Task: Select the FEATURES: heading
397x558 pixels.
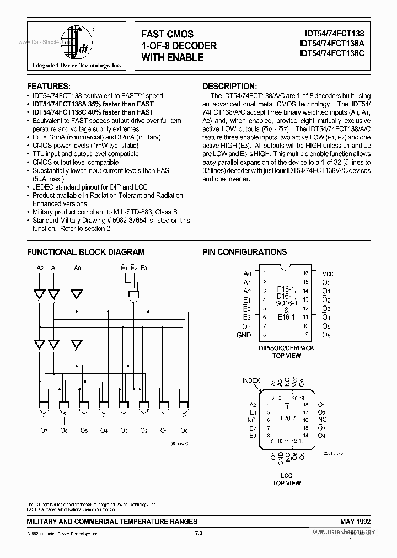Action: click(49, 87)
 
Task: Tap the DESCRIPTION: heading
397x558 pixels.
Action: click(229, 87)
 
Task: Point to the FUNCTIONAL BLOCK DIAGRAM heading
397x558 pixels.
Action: click(86, 252)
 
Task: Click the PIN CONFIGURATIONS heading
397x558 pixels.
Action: click(245, 252)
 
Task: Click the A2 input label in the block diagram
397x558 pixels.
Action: click(40, 268)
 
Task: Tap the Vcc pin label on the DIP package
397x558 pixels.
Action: click(328, 273)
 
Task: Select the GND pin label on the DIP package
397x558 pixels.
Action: click(243, 335)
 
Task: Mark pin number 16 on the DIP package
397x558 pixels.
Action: click(306, 273)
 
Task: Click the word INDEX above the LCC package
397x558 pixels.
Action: click(252, 380)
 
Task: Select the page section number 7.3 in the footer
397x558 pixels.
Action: click(198, 533)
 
